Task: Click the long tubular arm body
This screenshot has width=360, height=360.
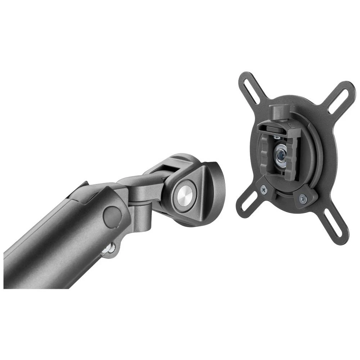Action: (x=54, y=245)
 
